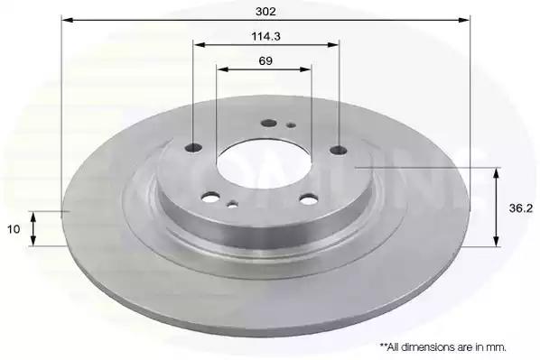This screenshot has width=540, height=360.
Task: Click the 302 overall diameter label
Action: click(265, 12)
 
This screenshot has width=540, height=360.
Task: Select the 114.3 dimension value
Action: click(265, 36)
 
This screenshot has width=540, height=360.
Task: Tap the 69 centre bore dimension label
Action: click(265, 61)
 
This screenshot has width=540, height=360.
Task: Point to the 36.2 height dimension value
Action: click(521, 208)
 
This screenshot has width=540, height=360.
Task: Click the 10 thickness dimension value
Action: click(14, 229)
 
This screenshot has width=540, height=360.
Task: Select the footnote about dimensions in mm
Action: click(442, 347)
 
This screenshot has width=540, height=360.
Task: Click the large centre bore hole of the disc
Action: click(264, 163)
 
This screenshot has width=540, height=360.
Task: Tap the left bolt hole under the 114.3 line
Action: click(193, 148)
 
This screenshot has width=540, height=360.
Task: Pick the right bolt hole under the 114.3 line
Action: click(339, 150)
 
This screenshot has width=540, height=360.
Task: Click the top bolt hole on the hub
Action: click(269, 123)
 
